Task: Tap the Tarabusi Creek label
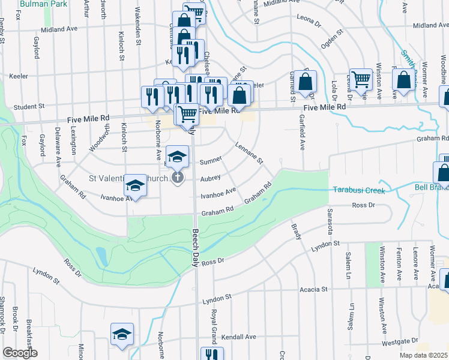point(358,190)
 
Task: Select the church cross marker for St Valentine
point(177,178)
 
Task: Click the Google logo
point(20,353)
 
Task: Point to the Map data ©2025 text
point(424,355)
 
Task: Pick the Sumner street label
point(211,161)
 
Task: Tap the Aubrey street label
point(211,178)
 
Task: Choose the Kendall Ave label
point(239,337)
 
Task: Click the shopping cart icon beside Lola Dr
point(361,79)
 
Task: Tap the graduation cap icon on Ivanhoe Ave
point(136,187)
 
